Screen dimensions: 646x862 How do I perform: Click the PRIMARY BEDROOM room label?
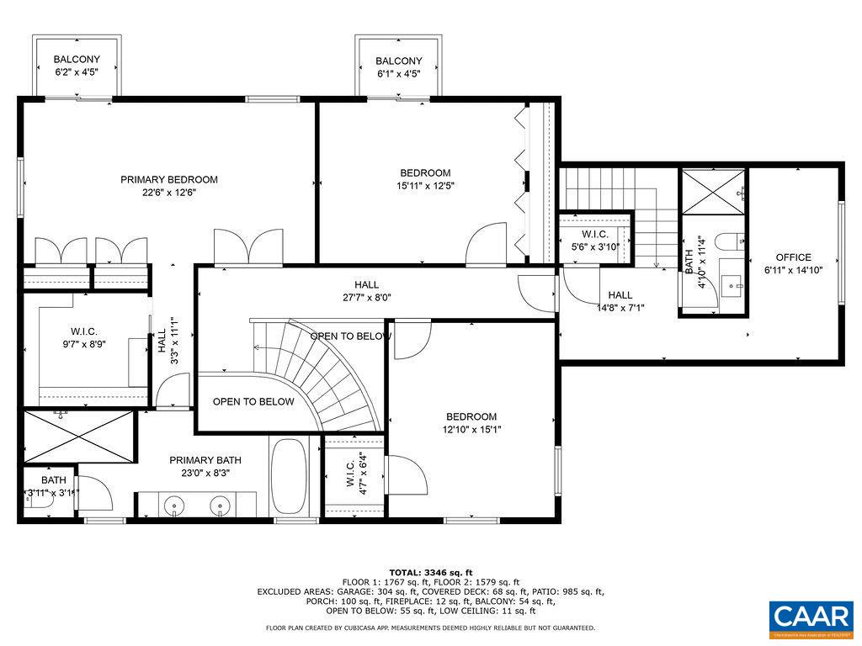point(168,179)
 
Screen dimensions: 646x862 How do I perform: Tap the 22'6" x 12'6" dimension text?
point(168,193)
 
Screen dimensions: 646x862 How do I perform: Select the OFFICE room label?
point(793,257)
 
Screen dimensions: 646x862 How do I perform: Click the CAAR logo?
point(811,617)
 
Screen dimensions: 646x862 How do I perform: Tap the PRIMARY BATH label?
point(205,460)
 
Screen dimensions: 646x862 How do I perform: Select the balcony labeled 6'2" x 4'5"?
point(77,66)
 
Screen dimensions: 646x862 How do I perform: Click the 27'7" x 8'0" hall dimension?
point(366,297)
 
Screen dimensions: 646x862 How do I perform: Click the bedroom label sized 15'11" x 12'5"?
point(424,179)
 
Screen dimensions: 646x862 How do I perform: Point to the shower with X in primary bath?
point(77,437)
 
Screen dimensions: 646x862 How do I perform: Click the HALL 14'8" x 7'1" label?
point(620,301)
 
